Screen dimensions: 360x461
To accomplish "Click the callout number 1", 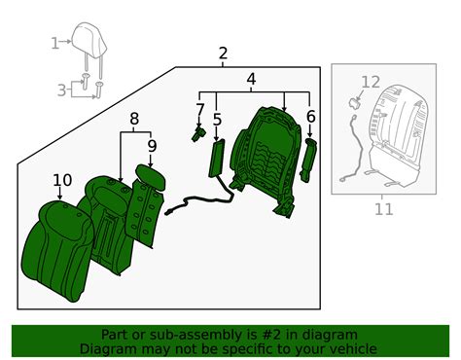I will click(54, 42).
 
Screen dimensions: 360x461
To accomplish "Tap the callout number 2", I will click(223, 54).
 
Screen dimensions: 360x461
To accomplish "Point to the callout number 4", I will click(251, 79).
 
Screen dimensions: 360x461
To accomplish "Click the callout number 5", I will click(216, 120).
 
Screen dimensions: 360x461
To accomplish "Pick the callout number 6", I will click(310, 117).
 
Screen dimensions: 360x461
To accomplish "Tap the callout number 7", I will click(200, 110).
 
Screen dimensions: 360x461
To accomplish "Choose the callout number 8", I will click(134, 119).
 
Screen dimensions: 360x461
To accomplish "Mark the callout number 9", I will click(152, 147).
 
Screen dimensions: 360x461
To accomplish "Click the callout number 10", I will click(61, 180).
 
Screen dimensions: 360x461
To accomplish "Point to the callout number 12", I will click(371, 83).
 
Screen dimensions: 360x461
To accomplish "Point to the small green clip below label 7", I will click(197, 133).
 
